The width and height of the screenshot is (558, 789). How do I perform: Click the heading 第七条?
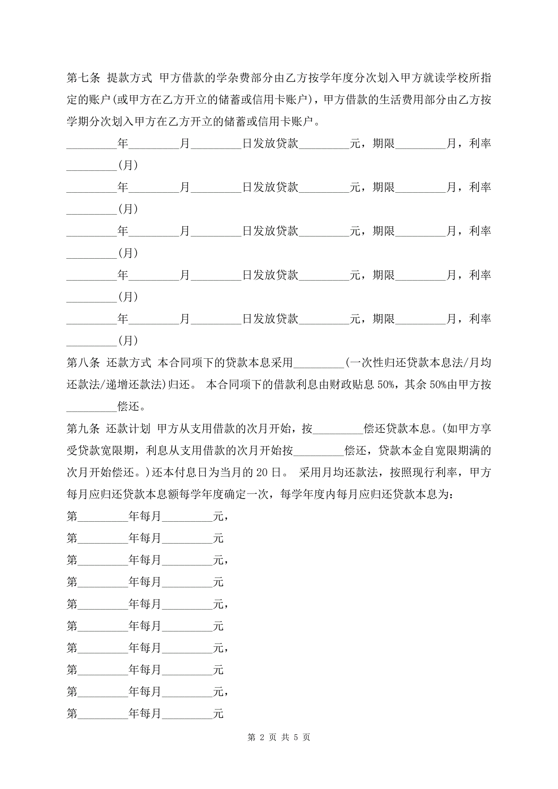(83, 78)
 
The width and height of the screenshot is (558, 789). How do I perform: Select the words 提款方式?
(129, 78)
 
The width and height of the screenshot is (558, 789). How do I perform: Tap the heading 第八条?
(83, 362)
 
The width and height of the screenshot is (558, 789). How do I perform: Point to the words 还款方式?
(129, 362)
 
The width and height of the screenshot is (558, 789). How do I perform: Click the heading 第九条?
(83, 428)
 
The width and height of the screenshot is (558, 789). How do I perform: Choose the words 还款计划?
(128, 428)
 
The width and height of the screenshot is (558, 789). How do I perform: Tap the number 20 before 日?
(262, 473)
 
